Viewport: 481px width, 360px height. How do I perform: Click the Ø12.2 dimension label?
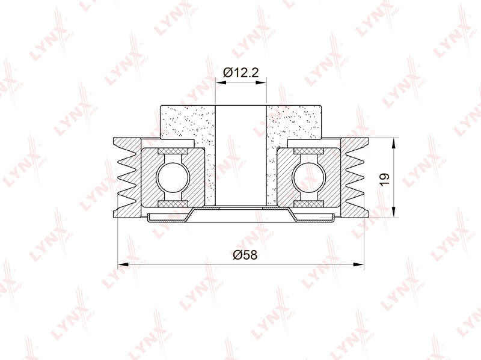point(241,73)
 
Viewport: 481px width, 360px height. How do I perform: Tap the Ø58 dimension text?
point(245,255)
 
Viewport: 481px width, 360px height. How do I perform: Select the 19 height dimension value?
point(384,179)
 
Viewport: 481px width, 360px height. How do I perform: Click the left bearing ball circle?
point(173,178)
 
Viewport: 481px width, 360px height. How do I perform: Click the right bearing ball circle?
point(308,178)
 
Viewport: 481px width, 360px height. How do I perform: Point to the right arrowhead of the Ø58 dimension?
point(358,264)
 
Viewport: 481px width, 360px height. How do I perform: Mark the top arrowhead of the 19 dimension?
point(394,144)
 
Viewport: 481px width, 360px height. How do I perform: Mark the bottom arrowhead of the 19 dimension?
point(394,212)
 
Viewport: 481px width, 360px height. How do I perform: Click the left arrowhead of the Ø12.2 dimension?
point(221,82)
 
